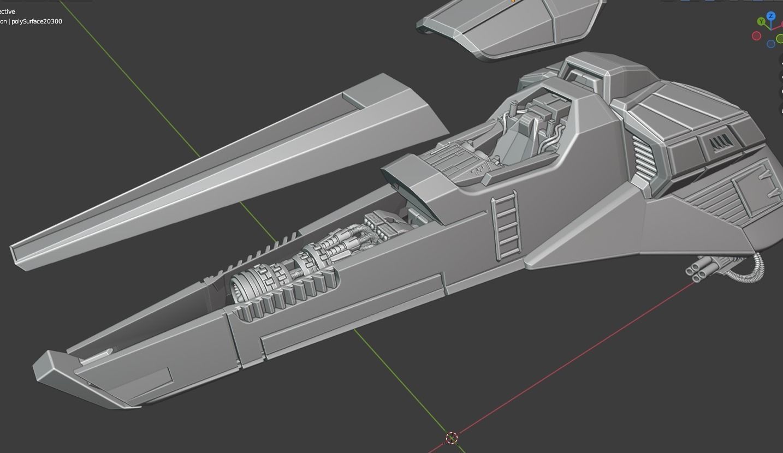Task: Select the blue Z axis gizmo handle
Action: pos(771,16)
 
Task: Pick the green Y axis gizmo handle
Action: pos(761,21)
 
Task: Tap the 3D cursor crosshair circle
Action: pos(452,438)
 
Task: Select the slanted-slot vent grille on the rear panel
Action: pos(719,144)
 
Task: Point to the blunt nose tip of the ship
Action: pos(49,371)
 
